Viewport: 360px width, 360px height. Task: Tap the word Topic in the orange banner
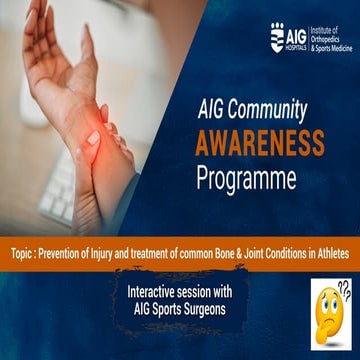[x=19, y=255]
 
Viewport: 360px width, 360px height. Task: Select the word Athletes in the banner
[x=327, y=255]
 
